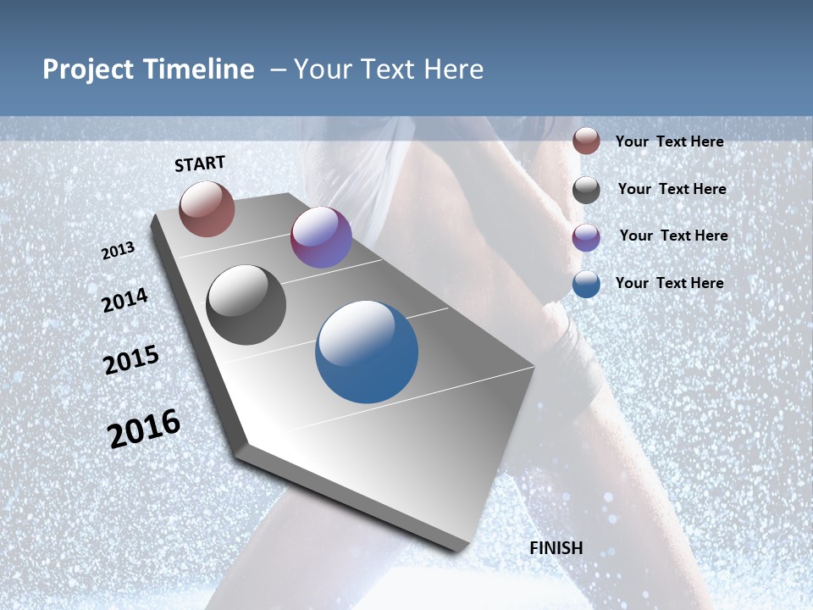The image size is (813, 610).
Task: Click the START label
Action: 200,163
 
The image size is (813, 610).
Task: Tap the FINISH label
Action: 556,548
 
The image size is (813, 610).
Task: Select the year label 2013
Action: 119,251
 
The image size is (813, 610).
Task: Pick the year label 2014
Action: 125,301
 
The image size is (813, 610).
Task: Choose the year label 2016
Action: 144,429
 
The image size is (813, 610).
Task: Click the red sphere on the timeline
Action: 207,208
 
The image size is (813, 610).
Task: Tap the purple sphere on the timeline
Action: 321,237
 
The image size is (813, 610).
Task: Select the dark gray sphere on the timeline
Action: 246,305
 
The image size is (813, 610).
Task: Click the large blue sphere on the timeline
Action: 367,352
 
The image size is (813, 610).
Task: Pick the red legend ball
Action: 586,141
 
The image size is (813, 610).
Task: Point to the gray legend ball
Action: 586,190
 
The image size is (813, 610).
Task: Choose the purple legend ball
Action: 586,237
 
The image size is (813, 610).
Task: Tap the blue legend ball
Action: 586,284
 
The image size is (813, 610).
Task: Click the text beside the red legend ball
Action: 669,141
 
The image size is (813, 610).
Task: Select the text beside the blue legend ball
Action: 669,283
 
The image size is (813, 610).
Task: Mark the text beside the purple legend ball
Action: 673,236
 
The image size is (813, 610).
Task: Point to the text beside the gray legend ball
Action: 672,189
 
